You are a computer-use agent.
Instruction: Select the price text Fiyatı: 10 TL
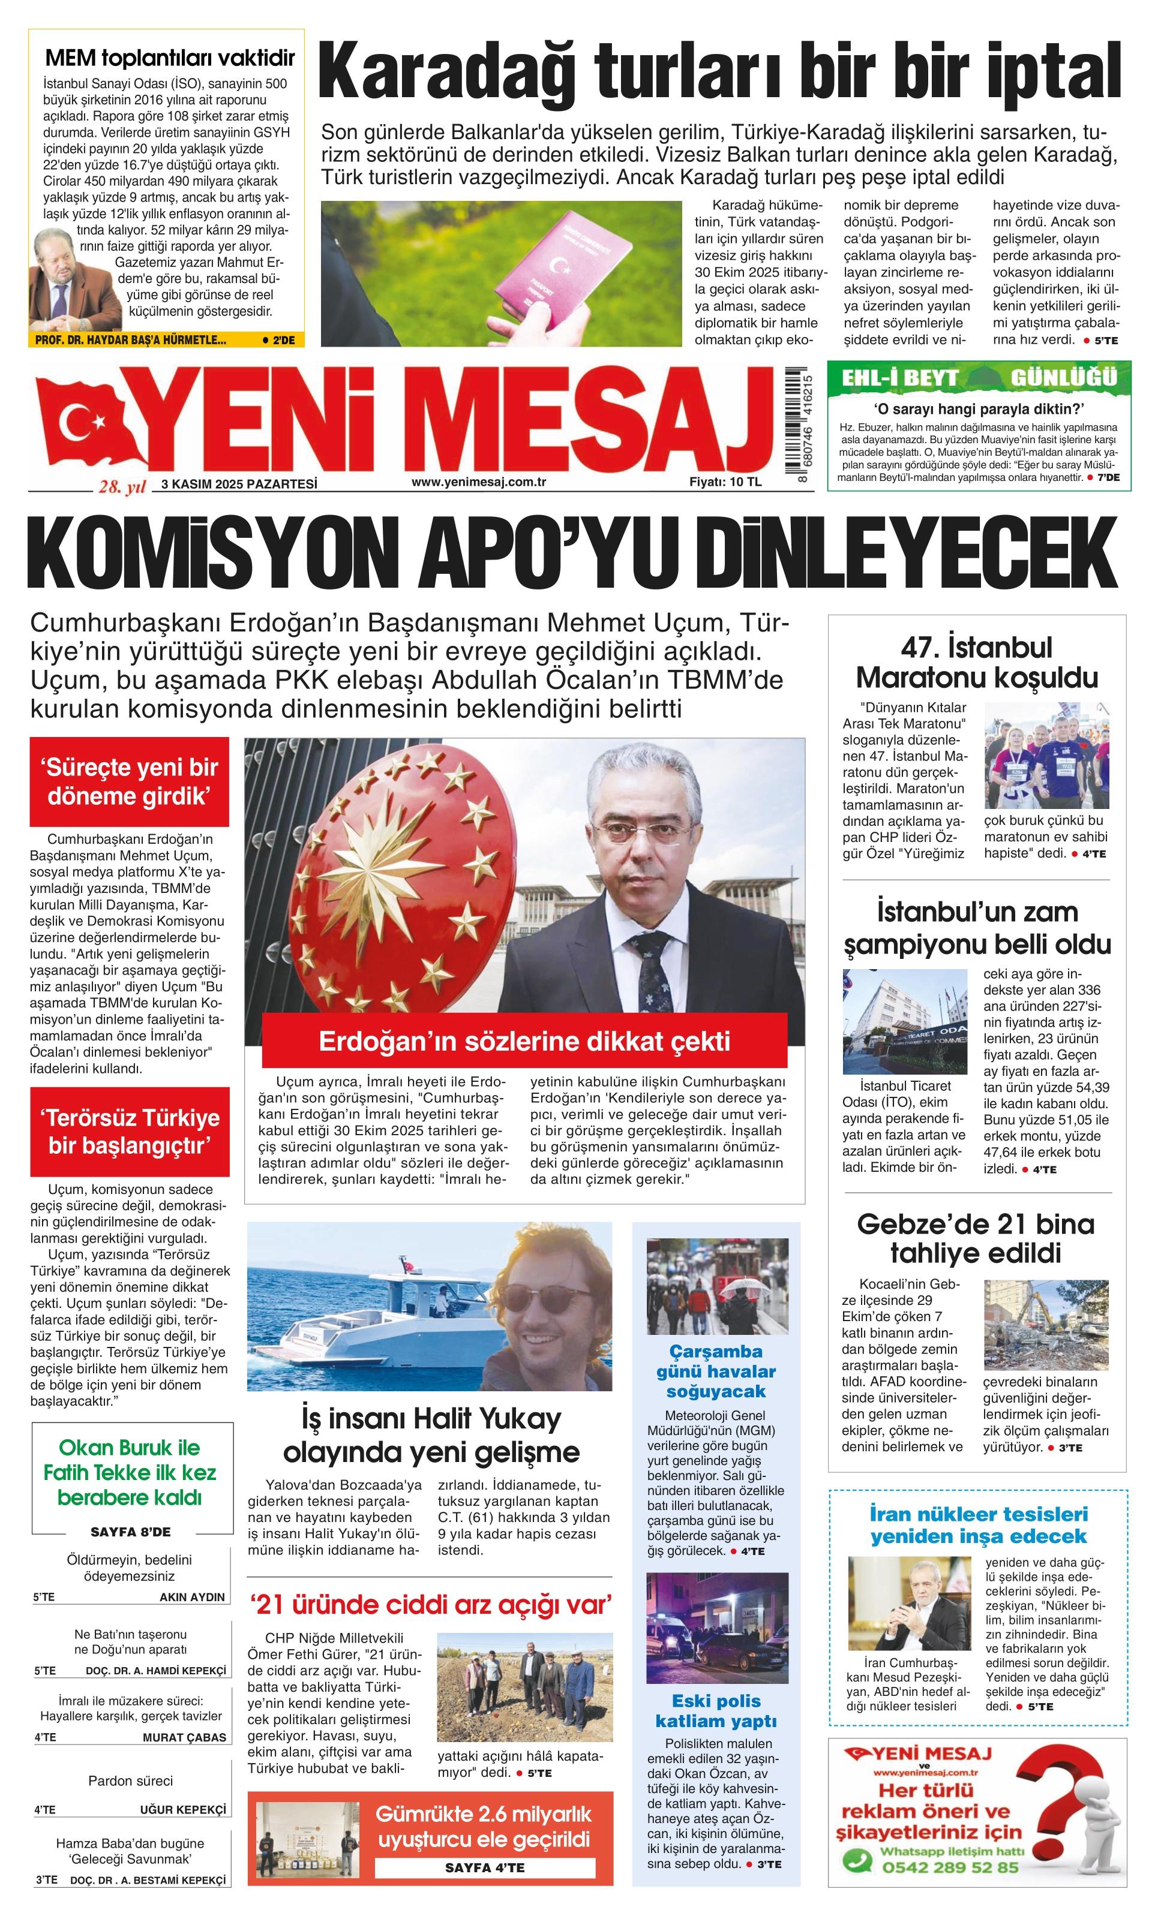[x=725, y=482]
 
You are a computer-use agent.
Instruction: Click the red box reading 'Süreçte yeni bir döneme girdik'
[x=130, y=782]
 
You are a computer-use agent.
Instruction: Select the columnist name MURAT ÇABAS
[x=184, y=1737]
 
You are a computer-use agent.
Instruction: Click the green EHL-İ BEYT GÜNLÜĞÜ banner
[x=979, y=377]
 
